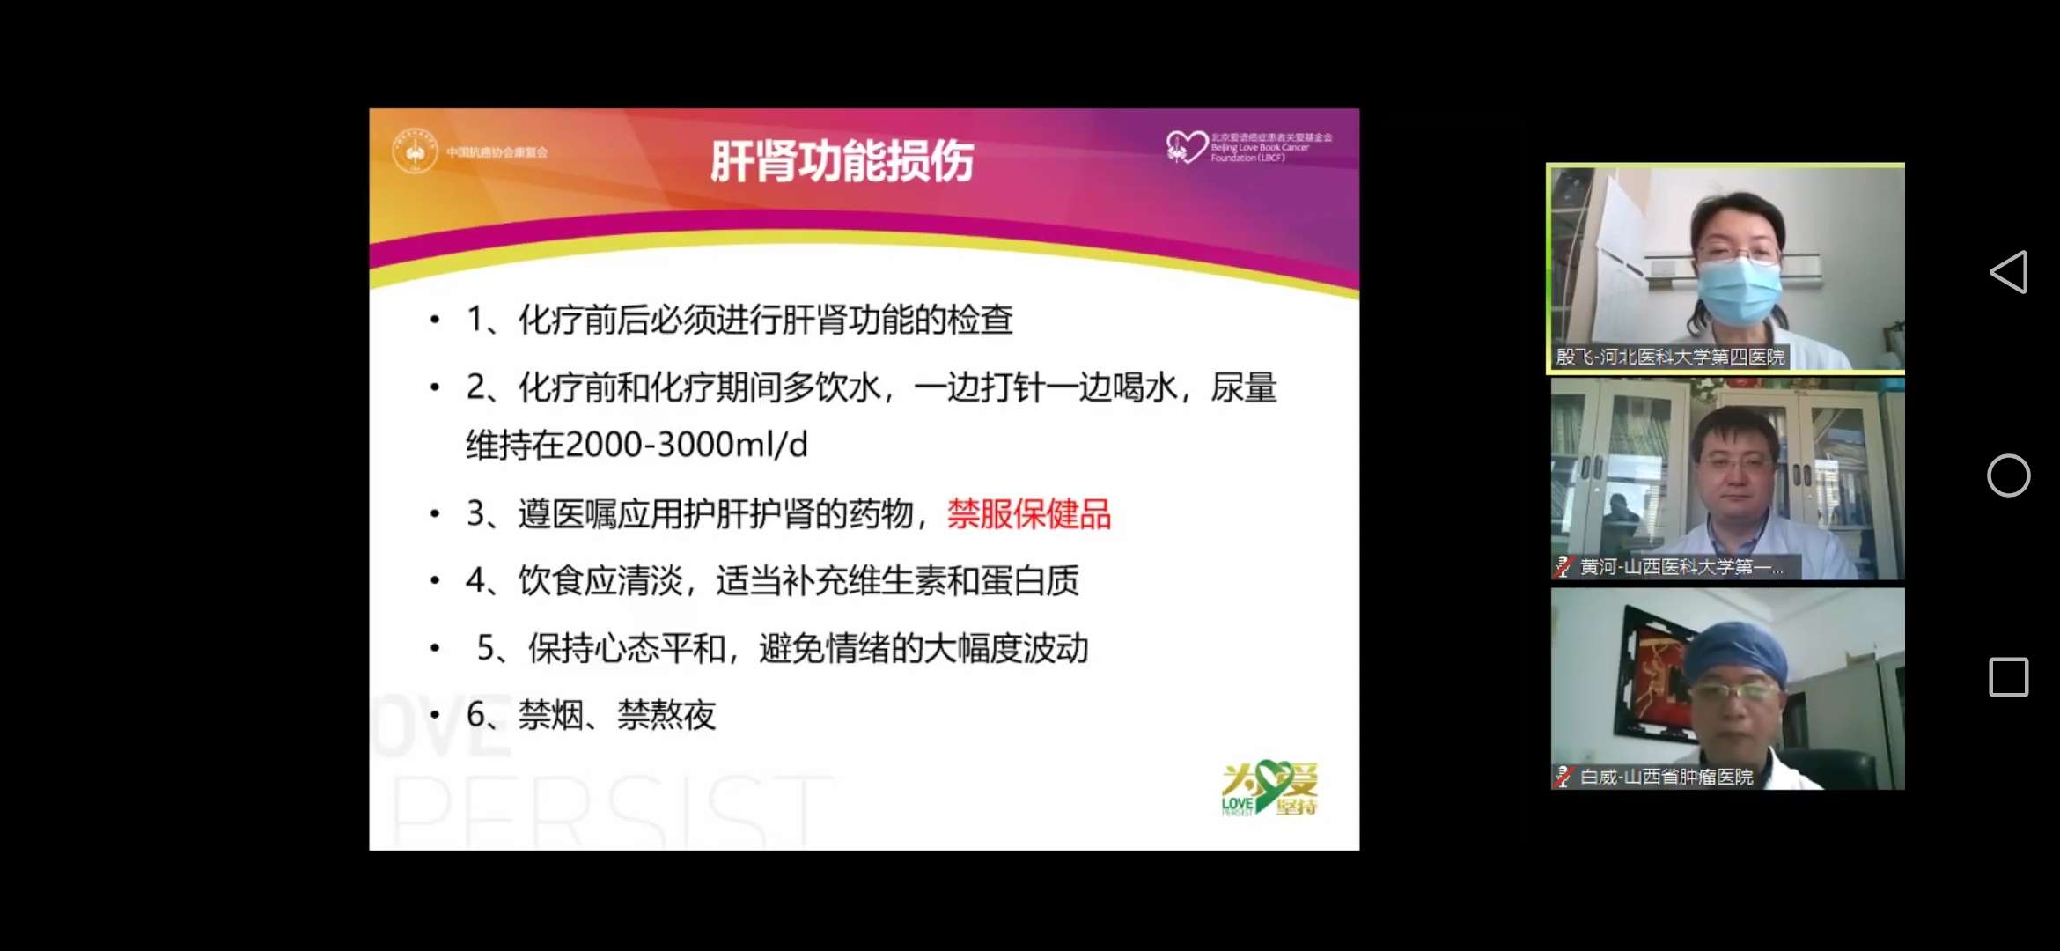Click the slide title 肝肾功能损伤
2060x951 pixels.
pos(842,161)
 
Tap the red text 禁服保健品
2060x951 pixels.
pos(1028,514)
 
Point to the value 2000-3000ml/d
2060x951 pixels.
pos(686,445)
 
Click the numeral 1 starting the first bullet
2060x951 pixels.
pos(475,320)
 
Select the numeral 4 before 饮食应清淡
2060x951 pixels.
pos(475,581)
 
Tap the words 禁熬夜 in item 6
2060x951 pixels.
pos(666,715)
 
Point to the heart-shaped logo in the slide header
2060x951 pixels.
pos(1186,146)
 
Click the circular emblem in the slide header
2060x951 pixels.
pos(415,151)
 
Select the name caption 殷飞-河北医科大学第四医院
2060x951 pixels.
pos(1670,357)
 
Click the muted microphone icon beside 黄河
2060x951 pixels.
pos(1563,567)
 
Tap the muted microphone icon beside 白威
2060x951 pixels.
pos(1563,777)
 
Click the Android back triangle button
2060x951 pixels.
pos(2009,272)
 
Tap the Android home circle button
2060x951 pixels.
pos(2009,475)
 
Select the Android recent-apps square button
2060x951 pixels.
pos(2009,677)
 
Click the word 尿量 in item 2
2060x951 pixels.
pos(1243,387)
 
